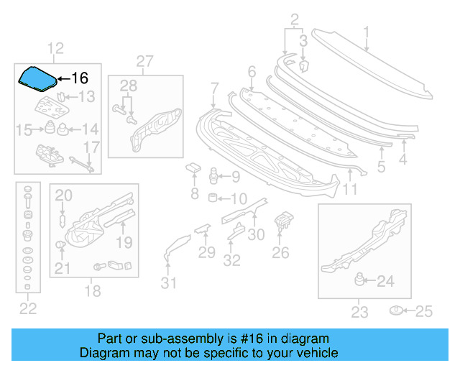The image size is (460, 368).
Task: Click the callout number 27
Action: (x=144, y=61)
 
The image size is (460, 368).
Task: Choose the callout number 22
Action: (x=27, y=309)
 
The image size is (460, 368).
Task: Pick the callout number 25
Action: (x=425, y=310)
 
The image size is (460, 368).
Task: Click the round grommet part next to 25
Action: (x=395, y=310)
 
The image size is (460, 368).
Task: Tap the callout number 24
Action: (x=385, y=281)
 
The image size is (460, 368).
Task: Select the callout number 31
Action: (x=167, y=283)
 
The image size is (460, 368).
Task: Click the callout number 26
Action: (x=280, y=252)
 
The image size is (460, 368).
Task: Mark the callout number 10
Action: (x=239, y=198)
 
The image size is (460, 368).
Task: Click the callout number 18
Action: (x=93, y=291)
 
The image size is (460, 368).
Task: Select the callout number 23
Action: (x=359, y=312)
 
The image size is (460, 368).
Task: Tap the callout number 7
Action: (x=214, y=88)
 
